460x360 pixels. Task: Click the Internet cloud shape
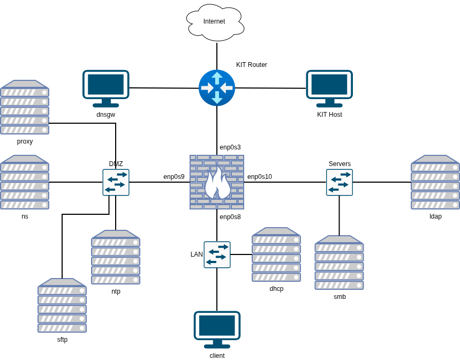215,22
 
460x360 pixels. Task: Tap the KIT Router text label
251,65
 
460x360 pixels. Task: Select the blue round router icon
217,88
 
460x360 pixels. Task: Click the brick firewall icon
217,182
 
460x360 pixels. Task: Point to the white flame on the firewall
217,183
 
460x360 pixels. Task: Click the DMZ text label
116,164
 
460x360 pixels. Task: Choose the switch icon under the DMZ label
116,183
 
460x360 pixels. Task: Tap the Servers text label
340,164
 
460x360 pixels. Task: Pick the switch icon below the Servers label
340,183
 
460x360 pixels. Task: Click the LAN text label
197,254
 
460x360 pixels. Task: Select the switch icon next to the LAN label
217,254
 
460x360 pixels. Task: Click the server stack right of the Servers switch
435,182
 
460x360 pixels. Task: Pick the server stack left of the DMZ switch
25,182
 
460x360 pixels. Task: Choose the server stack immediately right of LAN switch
276,254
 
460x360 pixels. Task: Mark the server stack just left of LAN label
116,257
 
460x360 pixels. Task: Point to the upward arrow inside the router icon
217,78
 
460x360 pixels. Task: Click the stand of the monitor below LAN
217,343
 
